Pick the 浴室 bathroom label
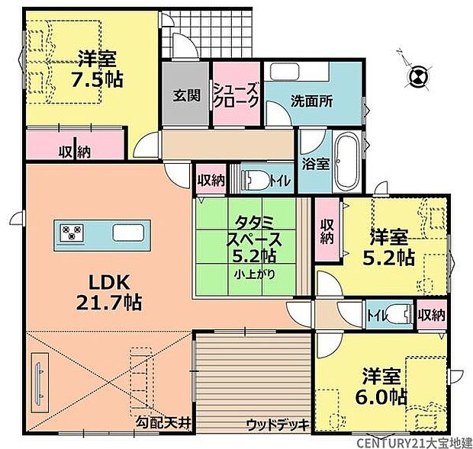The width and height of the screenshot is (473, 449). (x=314, y=162)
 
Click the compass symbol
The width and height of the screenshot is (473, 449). (x=417, y=75)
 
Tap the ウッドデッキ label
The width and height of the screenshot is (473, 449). (x=276, y=424)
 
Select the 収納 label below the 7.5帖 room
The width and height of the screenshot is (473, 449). (x=74, y=152)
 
